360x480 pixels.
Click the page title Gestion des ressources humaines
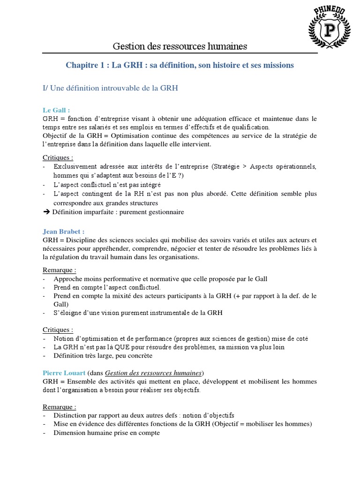180,46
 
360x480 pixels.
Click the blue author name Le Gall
56,110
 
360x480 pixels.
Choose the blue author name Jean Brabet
63,232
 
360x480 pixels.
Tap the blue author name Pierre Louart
64,373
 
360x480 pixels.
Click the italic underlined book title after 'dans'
153,373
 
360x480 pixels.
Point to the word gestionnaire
165,212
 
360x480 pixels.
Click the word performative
126,279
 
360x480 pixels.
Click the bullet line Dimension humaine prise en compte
106,433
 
